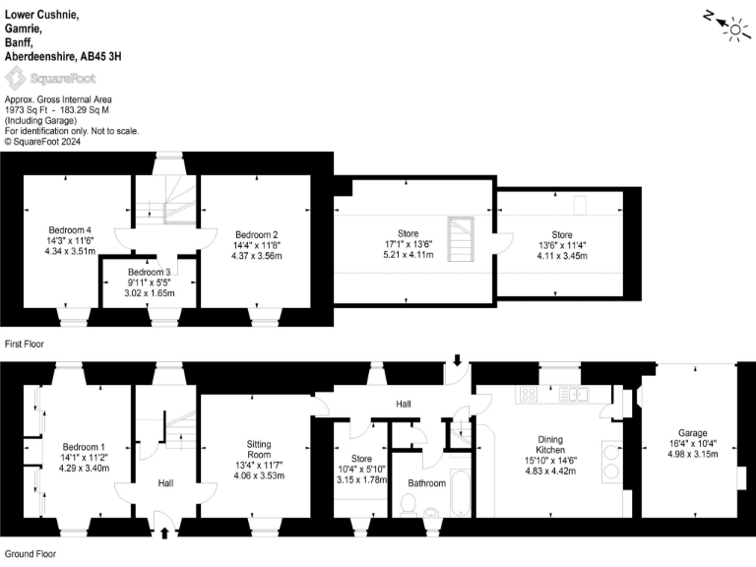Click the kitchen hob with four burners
528,395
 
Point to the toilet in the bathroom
409,504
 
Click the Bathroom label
426,483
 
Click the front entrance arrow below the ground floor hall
163,534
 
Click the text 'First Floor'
27,345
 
